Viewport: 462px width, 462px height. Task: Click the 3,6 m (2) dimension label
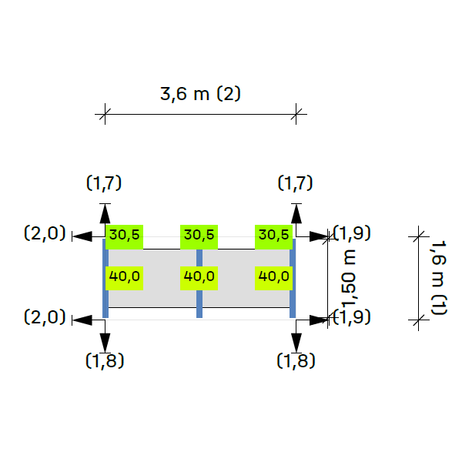pos(200,95)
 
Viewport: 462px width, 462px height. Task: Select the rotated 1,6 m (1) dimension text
pos(438,276)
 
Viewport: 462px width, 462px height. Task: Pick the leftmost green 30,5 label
pos(124,235)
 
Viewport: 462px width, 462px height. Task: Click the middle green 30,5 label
pos(199,235)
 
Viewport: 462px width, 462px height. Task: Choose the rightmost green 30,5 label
pos(273,235)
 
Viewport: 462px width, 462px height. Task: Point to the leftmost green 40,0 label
pos(124,276)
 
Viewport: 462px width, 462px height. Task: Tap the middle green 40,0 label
pos(199,276)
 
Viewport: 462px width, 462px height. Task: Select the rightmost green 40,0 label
pos(273,276)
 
